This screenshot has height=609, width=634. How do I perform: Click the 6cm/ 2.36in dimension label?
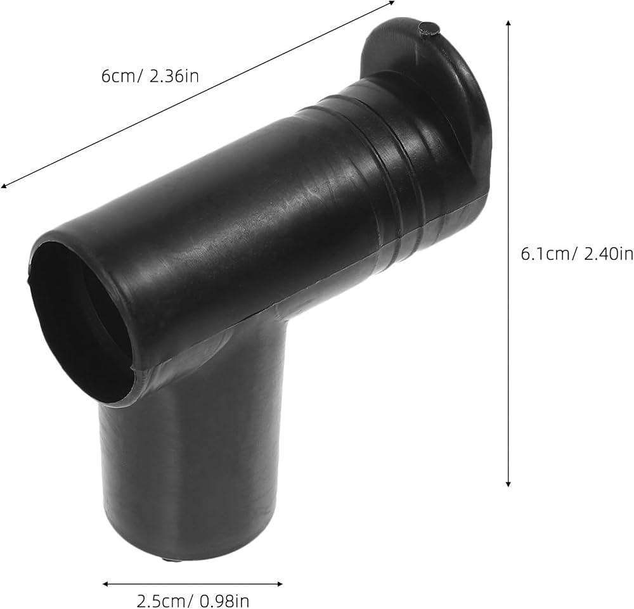150,76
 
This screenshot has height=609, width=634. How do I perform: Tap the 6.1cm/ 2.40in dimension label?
577,254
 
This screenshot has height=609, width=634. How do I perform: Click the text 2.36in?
174,76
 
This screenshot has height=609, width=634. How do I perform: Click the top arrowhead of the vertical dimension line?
508,22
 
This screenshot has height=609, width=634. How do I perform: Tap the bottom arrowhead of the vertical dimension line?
508,484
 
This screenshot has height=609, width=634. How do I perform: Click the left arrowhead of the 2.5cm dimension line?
105,584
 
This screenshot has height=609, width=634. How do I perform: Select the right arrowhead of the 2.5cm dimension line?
280,584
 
